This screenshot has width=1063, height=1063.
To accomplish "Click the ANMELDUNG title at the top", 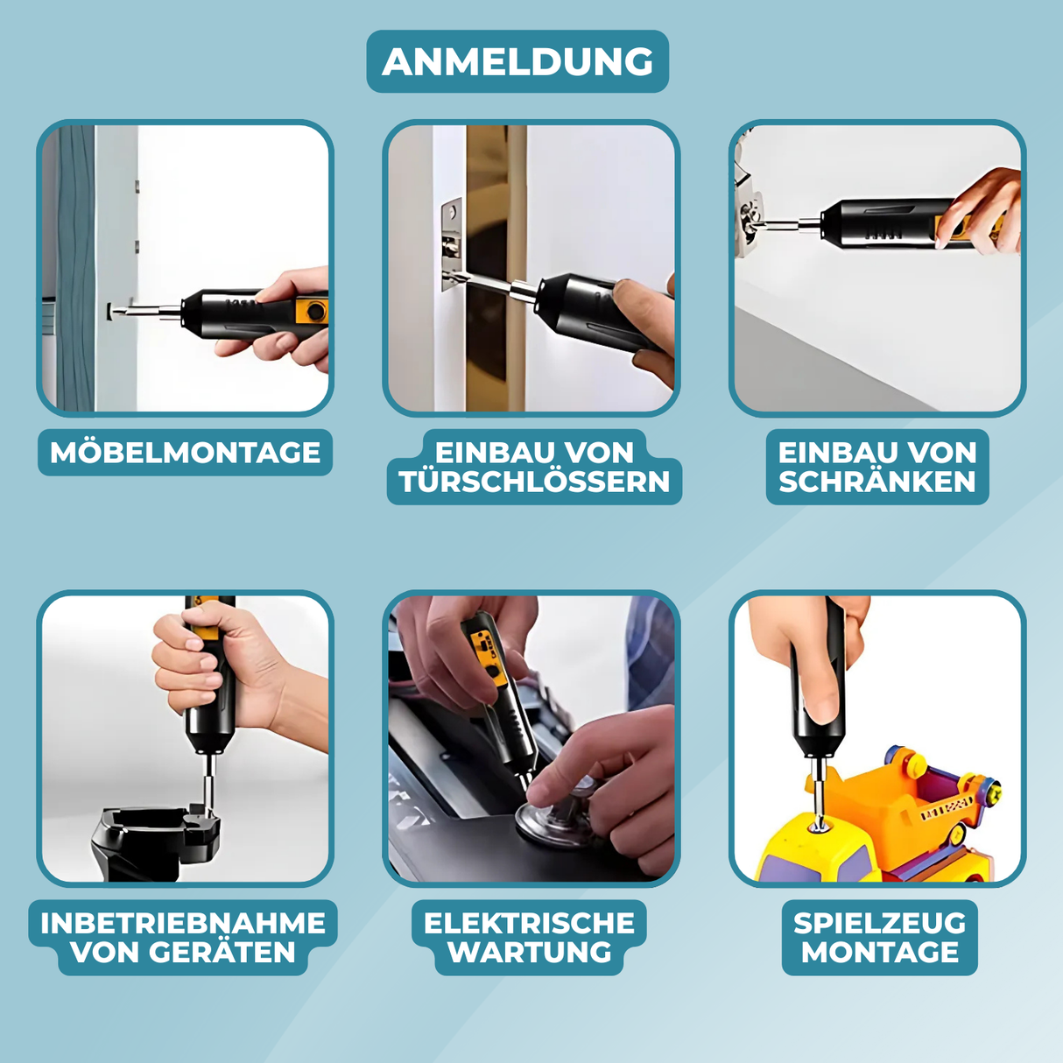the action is [x=517, y=61].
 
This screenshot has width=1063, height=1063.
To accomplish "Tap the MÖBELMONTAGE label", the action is [x=186, y=453].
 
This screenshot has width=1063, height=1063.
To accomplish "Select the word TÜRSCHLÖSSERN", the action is [x=534, y=482].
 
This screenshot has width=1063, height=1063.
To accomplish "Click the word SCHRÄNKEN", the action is [x=877, y=481].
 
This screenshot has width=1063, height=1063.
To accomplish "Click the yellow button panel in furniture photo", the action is [x=311, y=312].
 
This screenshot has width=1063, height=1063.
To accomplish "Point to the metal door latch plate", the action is [x=452, y=245].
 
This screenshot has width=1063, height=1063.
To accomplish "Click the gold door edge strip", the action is [x=496, y=268].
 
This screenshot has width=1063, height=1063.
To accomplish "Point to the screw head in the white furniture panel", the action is [x=113, y=311].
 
